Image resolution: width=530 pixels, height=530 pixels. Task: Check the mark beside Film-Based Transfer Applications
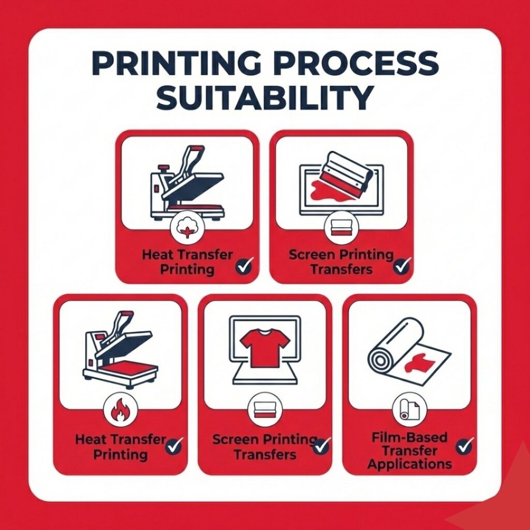[x=464, y=446]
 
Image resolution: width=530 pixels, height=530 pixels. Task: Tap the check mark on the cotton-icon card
[x=244, y=266]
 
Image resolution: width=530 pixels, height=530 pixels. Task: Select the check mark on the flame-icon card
[x=175, y=446]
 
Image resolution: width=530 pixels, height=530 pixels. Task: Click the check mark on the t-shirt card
[x=321, y=446]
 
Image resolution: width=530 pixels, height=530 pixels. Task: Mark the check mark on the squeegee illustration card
[x=401, y=266]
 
